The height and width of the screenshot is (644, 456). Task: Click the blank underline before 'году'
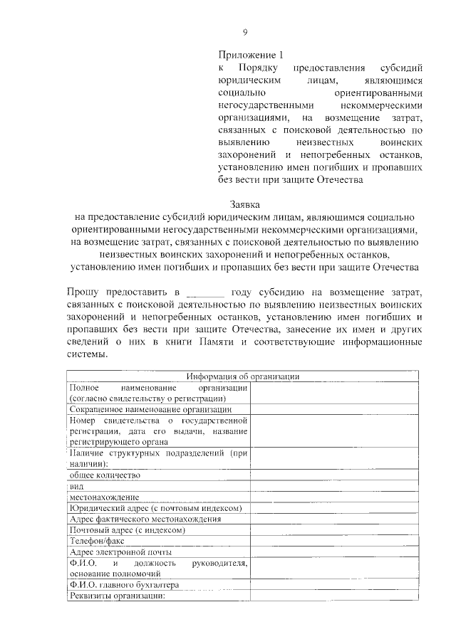[204, 292]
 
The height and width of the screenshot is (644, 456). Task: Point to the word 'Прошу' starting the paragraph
[85, 292]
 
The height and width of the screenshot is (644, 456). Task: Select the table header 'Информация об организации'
[242, 376]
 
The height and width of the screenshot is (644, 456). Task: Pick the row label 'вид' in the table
[76, 485]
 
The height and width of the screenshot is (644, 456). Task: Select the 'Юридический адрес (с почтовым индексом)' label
[155, 508]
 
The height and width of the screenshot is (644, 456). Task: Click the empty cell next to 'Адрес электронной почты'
[333, 552]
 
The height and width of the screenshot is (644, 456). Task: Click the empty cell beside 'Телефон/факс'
[333, 541]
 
